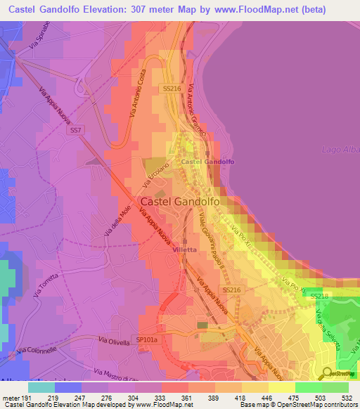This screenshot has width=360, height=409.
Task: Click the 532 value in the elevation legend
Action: (x=345, y=398)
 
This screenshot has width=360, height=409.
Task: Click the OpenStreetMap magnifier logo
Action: (x=328, y=372)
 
